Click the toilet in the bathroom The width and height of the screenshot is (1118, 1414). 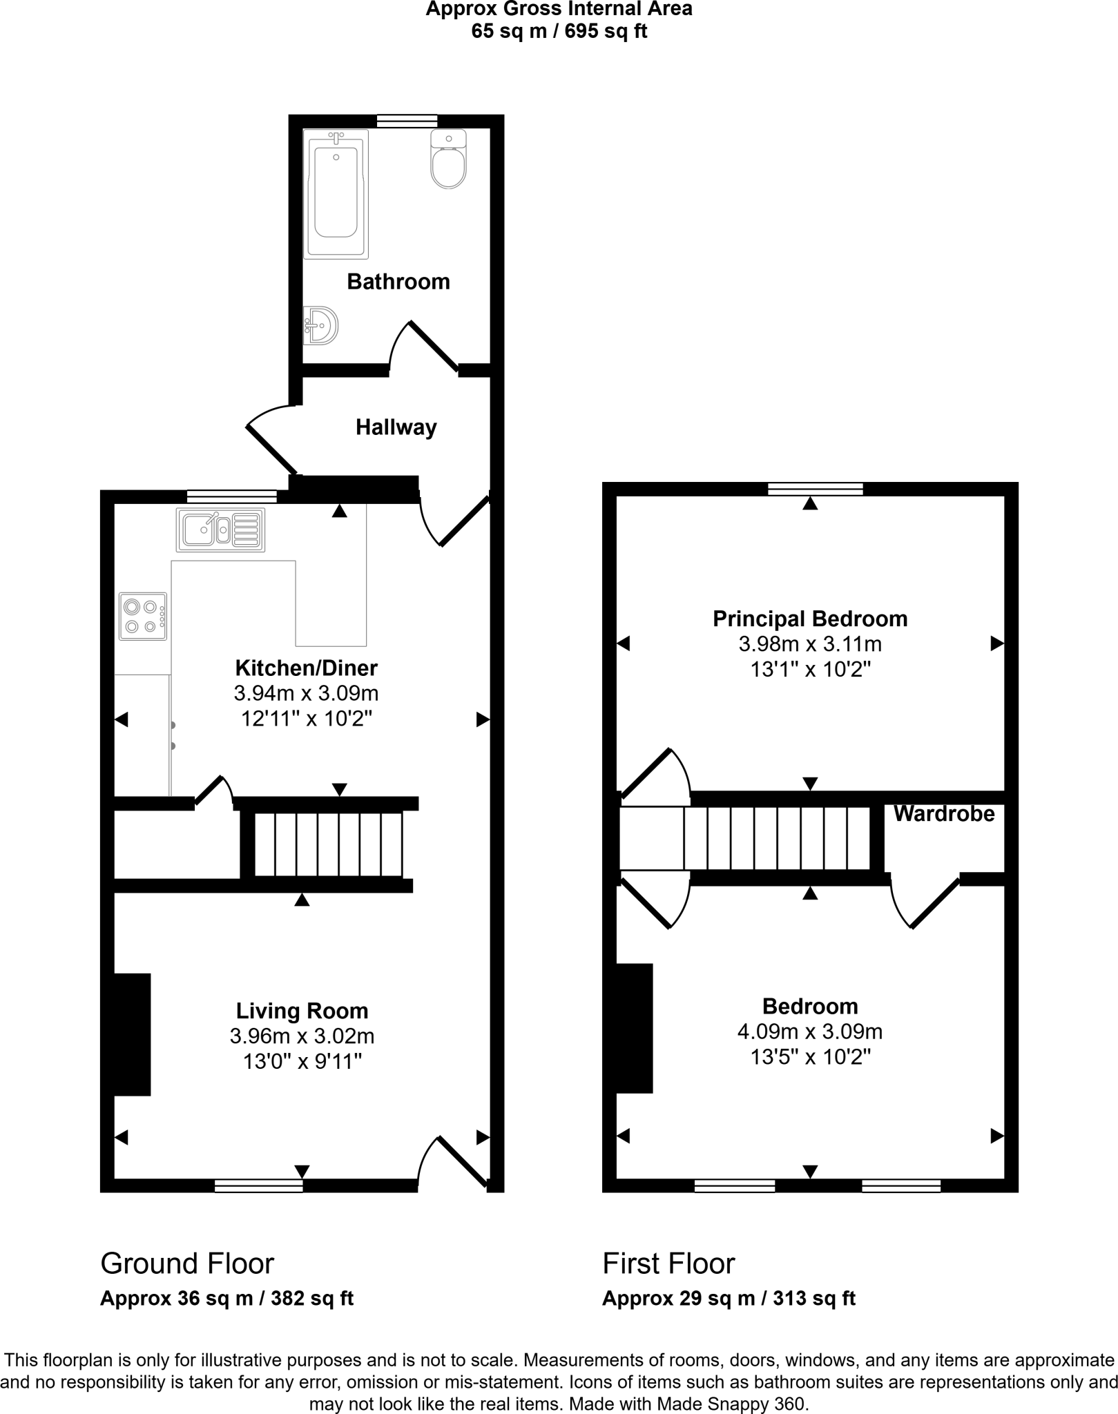448,161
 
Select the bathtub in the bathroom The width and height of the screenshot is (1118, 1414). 336,195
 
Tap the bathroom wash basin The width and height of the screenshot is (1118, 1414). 320,325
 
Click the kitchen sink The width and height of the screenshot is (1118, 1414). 220,530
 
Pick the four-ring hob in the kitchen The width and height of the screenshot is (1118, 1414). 143,616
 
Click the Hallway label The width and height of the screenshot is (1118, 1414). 396,427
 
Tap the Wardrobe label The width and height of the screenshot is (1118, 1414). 943,814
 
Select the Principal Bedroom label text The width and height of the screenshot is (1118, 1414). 809,619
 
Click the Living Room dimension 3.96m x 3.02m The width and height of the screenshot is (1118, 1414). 302,1036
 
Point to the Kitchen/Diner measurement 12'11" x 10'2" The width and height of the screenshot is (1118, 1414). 306,719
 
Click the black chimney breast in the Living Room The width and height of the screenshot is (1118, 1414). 131,1034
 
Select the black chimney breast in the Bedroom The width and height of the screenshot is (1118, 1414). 634,1028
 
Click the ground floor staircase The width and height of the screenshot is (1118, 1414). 328,844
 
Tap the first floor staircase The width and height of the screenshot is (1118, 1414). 776,837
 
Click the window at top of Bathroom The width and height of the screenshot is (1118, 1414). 407,122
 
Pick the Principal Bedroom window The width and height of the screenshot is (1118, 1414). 815,489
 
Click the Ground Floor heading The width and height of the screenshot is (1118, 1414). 187,1263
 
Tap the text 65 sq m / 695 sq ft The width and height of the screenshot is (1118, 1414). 559,31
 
